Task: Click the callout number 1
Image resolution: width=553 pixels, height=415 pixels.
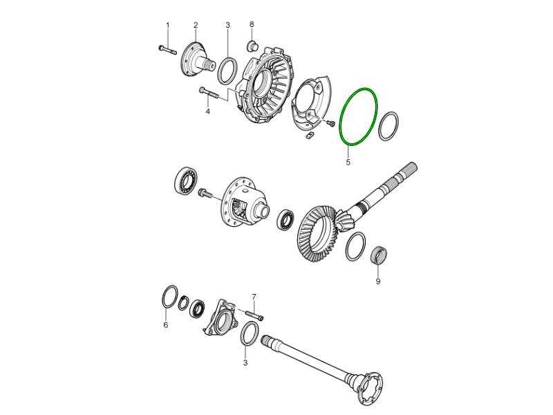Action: pyautogui.click(x=167, y=26)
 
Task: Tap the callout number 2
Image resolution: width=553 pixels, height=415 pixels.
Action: pyautogui.click(x=196, y=25)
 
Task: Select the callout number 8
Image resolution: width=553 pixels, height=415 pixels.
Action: pyautogui.click(x=252, y=24)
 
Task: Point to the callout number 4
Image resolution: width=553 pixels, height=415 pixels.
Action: pyautogui.click(x=208, y=111)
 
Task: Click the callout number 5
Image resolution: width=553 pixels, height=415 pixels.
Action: pyautogui.click(x=348, y=163)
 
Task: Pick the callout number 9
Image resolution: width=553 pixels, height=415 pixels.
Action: pyautogui.click(x=377, y=282)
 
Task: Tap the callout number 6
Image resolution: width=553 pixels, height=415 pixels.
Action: pyautogui.click(x=166, y=325)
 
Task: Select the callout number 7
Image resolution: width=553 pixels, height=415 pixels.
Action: pyautogui.click(x=254, y=297)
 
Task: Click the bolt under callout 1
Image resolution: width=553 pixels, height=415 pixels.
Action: pyautogui.click(x=167, y=50)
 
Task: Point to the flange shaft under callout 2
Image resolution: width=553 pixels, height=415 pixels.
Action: pyautogui.click(x=198, y=59)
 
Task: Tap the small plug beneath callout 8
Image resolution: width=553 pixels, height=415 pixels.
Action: pyautogui.click(x=252, y=46)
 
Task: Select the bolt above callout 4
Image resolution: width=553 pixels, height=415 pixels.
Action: pyautogui.click(x=209, y=93)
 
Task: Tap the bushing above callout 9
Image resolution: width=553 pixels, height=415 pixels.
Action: pyautogui.click(x=379, y=255)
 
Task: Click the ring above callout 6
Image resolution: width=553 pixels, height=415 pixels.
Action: pyautogui.click(x=162, y=297)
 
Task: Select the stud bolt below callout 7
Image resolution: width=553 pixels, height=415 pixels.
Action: pyautogui.click(x=254, y=315)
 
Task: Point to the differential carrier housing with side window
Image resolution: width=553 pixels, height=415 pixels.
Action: pyautogui.click(x=246, y=202)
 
